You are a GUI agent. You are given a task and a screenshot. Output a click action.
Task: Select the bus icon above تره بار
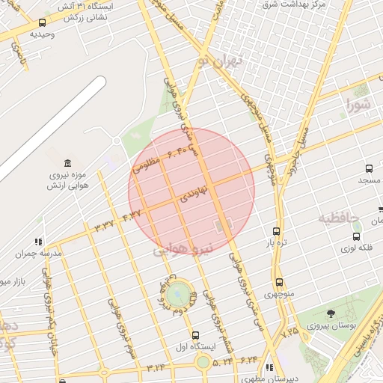coord(277,231)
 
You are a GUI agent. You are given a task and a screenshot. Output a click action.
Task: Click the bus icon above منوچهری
coord(279,282)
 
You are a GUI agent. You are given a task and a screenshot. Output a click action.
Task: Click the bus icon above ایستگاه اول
coord(196,335)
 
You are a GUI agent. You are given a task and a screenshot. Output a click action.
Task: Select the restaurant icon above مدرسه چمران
coord(37,242)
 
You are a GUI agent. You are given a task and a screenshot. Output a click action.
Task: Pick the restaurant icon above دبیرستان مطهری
coord(269,367)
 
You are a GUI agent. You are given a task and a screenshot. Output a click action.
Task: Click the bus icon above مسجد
coord(368,169)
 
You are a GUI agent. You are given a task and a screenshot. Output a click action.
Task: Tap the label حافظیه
coord(339,218)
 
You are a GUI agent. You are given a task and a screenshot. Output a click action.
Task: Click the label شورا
coord(357,105)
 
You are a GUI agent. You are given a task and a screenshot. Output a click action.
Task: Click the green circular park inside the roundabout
coord(178,295)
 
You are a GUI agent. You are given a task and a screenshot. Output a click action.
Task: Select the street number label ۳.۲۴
coord(156,367)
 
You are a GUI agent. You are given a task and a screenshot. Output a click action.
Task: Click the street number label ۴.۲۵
coord(289,330)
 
